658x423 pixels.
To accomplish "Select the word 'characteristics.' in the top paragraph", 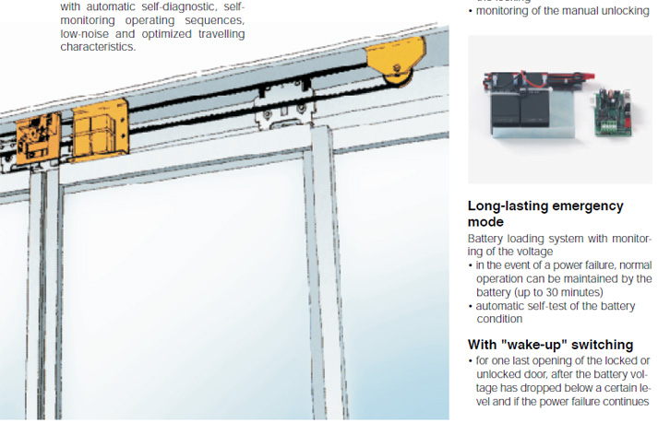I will pyautogui.click(x=98, y=47).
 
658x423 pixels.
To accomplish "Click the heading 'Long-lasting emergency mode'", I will pyautogui.click(x=545, y=214).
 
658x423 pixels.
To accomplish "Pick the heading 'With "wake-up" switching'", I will pyautogui.click(x=550, y=344).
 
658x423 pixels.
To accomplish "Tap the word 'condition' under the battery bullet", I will pyautogui.click(x=500, y=320).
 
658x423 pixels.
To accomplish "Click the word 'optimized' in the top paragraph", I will pyautogui.click(x=176, y=34).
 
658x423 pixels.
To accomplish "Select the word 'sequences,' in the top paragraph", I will pyautogui.click(x=218, y=20).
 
